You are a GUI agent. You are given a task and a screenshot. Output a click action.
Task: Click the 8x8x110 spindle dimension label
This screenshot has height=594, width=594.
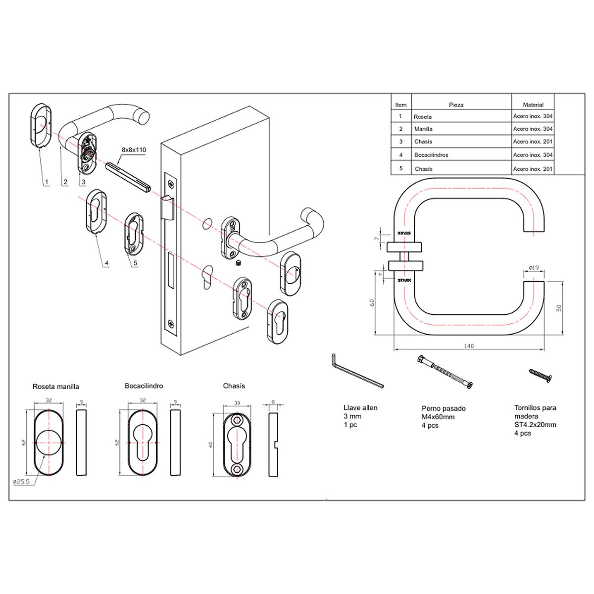pos(134,149)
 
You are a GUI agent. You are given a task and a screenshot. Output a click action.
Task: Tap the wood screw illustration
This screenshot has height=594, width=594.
pos(540,375)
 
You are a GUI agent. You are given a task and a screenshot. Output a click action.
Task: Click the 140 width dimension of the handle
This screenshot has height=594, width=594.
pos(469,346)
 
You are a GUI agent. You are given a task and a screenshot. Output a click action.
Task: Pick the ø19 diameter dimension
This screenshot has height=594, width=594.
pos(534,268)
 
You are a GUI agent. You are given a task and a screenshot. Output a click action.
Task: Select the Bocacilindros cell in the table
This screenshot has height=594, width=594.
pos(431,155)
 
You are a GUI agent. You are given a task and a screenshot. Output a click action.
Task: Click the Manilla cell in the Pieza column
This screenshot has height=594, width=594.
pos(423,129)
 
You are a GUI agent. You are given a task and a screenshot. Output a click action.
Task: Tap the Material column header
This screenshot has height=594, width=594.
pos(533,105)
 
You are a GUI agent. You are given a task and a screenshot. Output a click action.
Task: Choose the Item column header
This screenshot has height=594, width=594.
pos(401,105)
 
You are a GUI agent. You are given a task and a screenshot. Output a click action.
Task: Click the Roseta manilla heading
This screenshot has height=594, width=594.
pos(56,387)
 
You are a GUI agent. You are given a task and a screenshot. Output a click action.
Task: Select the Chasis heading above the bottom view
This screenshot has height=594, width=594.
pos(234,386)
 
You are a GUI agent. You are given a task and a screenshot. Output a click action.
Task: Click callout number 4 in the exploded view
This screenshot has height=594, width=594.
pos(106,263)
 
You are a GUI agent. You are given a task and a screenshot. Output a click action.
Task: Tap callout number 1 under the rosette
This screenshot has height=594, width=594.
pos(47,182)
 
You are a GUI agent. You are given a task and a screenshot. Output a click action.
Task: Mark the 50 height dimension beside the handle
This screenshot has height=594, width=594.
pos(559,307)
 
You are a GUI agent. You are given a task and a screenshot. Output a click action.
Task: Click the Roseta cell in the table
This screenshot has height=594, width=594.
pos(423,117)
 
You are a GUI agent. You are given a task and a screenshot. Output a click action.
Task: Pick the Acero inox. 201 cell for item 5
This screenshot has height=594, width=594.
pos(533,169)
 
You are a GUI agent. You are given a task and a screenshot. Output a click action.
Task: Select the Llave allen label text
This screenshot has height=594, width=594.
pos(360,408)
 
